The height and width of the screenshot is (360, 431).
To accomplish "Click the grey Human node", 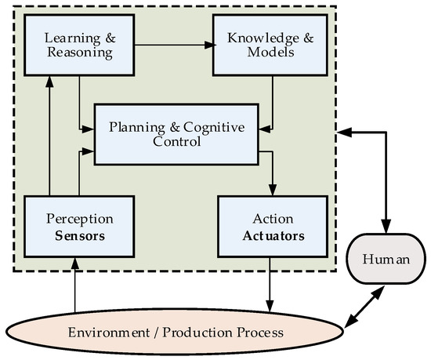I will (x=386, y=258).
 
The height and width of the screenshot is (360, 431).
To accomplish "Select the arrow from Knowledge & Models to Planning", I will (x=272, y=102).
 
